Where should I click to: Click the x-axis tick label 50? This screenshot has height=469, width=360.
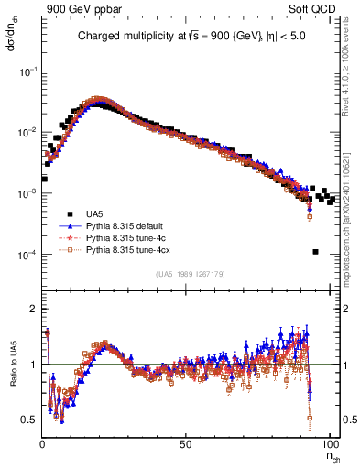185,443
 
